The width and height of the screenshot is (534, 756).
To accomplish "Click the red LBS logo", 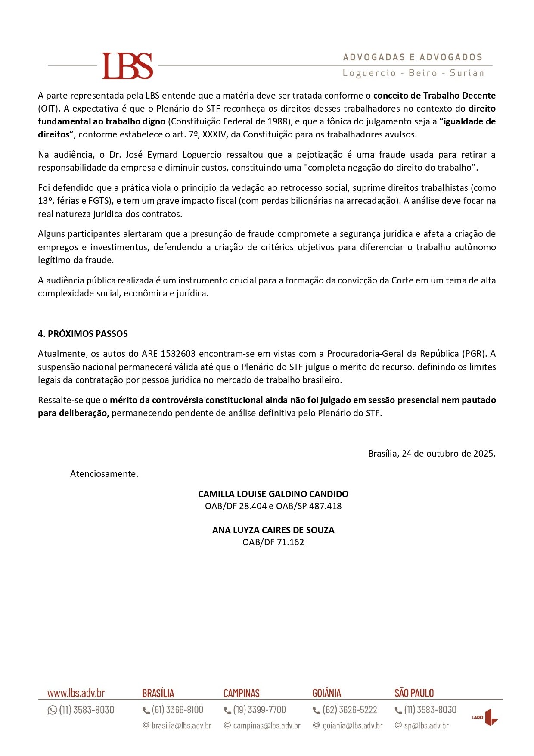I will point(127,66).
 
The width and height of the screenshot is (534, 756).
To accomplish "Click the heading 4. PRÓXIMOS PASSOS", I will point(83,334).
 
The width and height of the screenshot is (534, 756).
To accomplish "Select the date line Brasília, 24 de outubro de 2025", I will point(432,454).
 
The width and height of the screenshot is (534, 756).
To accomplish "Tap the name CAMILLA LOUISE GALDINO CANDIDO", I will point(273,494).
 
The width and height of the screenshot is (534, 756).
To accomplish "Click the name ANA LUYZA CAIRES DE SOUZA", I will point(273,530).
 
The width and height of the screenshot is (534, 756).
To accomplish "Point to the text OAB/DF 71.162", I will point(273,542).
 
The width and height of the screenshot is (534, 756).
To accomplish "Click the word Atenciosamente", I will point(104,474).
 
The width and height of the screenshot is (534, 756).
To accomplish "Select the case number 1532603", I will point(178,354).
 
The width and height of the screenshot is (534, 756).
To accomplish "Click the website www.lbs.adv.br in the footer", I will point(76,693).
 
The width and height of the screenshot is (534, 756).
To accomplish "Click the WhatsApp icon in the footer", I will point(52,710).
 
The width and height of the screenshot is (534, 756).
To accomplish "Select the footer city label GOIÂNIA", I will point(326,693).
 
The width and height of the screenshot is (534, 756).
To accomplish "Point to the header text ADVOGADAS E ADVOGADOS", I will point(413,57).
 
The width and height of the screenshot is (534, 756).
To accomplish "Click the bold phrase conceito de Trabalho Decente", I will point(434,96).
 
